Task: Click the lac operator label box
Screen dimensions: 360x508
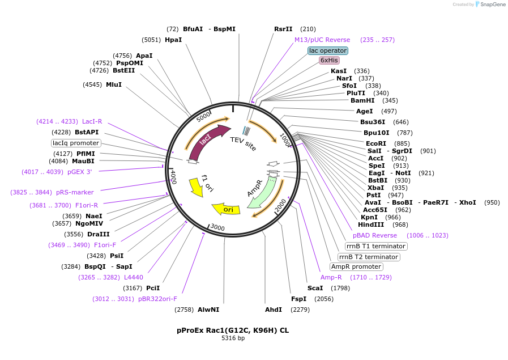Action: pyautogui.click(x=328, y=50)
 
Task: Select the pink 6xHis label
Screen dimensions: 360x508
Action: pyautogui.click(x=329, y=60)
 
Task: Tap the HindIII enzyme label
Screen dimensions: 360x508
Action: pyautogui.click(x=371, y=225)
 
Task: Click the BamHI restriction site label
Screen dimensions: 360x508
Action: pyautogui.click(x=362, y=100)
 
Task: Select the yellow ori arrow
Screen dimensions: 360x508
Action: pyautogui.click(x=226, y=209)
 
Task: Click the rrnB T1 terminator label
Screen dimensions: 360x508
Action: pyautogui.click(x=376, y=246)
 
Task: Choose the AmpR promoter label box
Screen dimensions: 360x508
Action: pyautogui.click(x=356, y=266)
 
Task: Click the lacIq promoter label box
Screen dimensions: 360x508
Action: pyautogui.click(x=76, y=143)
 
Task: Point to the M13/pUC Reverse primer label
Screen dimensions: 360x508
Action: pyautogui.click(x=322, y=40)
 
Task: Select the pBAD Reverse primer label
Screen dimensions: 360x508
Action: pyautogui.click(x=375, y=235)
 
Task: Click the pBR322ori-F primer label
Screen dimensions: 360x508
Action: pyautogui.click(x=157, y=299)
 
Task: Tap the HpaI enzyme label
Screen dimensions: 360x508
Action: pyautogui.click(x=173, y=40)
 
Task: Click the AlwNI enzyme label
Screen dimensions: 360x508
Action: pyautogui.click(x=208, y=310)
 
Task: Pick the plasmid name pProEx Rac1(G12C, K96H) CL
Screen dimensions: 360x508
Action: pyautogui.click(x=233, y=330)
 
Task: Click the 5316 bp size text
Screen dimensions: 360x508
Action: pyautogui.click(x=233, y=338)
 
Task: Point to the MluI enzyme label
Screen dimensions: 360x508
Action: pyautogui.click(x=114, y=84)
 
